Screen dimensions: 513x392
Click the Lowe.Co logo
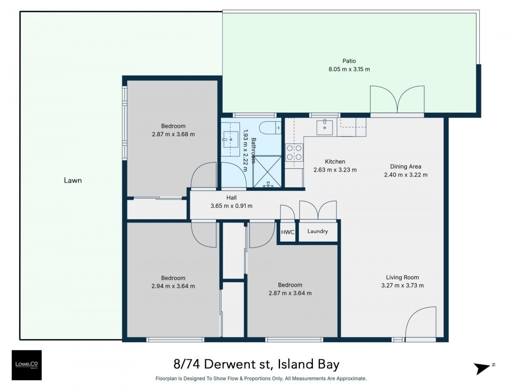[x=27, y=365]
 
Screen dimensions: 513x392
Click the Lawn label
[x=73, y=180]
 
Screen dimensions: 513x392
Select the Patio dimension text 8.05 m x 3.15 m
[x=349, y=69]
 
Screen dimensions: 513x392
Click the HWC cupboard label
[x=287, y=232]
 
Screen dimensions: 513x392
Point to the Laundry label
[x=317, y=232]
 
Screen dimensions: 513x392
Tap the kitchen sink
[x=324, y=128]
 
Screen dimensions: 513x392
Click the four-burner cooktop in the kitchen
[x=294, y=152]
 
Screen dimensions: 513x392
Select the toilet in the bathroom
[x=270, y=128]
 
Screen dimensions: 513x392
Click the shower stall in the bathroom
[x=267, y=172]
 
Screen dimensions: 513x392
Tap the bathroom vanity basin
[x=230, y=140]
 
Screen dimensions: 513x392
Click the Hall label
[x=231, y=198]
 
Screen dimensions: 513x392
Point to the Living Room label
[x=402, y=277]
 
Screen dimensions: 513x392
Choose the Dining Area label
[x=406, y=166]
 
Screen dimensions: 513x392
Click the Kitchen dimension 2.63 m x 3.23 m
[x=335, y=170]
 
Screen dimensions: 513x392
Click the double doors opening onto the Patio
[x=397, y=99]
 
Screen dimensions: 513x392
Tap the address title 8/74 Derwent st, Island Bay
[x=256, y=365]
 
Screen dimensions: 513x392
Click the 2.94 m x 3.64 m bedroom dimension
[x=173, y=286]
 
